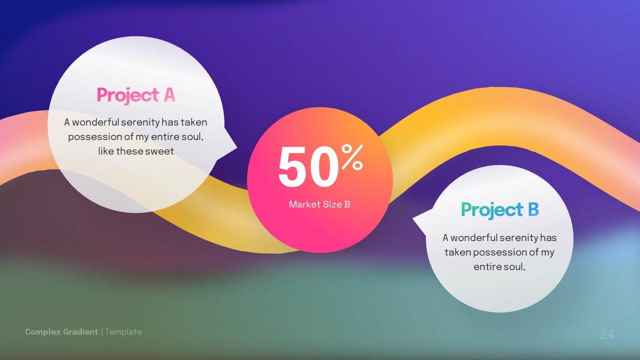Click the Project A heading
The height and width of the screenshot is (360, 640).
pyautogui.click(x=135, y=95)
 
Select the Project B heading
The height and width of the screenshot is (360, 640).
pyautogui.click(x=499, y=210)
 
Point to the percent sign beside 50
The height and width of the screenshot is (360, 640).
pyautogui.click(x=351, y=157)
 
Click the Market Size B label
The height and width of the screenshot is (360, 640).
pyautogui.click(x=319, y=204)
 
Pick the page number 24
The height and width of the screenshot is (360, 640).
pyautogui.click(x=607, y=334)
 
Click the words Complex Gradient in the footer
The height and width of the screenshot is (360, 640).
pyautogui.click(x=61, y=331)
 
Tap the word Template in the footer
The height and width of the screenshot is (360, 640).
pyautogui.click(x=123, y=331)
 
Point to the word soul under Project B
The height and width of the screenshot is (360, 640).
pyautogui.click(x=514, y=266)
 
